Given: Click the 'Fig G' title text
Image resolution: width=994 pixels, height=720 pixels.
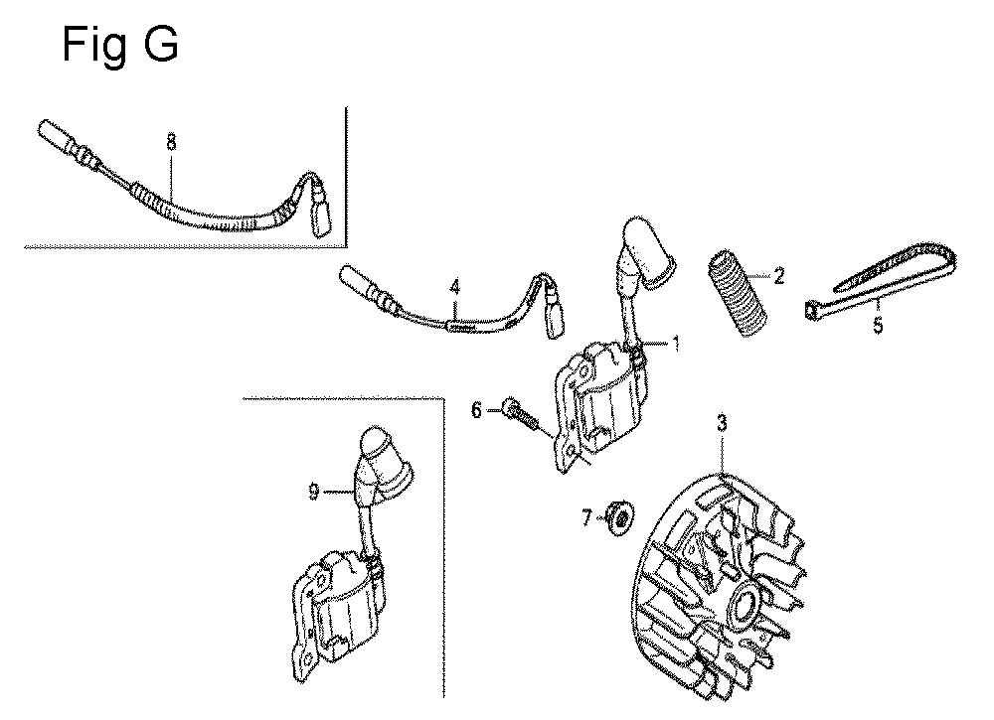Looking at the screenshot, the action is tap(120, 46).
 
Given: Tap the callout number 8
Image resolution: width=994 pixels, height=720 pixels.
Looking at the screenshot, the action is tap(171, 143).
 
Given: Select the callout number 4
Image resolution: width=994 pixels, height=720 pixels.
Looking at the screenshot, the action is tap(454, 288).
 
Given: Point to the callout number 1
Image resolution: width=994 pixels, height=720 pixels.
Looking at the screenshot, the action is tap(676, 344).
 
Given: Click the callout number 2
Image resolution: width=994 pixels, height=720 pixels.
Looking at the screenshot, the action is tap(778, 275).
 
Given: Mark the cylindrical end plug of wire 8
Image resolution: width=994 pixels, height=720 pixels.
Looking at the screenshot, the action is tap(59, 135).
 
